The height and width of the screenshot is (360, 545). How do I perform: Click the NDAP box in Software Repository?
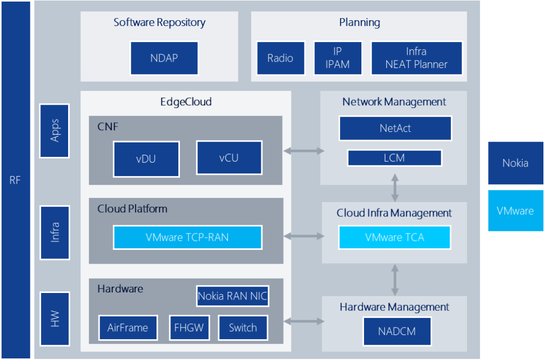tap(164, 58)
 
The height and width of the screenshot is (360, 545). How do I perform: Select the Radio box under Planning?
tap(280, 58)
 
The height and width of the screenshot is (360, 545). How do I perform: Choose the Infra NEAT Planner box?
tap(416, 58)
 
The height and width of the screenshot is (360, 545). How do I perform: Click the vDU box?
tap(146, 158)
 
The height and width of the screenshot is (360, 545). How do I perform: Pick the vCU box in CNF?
tap(229, 157)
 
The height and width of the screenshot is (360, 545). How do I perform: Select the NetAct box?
tap(395, 128)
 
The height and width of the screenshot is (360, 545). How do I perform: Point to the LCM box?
tap(394, 158)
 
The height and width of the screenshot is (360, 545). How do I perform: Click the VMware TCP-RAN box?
tap(187, 237)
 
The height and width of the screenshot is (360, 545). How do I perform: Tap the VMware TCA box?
tap(394, 237)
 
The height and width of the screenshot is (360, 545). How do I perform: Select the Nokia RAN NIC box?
tap(232, 296)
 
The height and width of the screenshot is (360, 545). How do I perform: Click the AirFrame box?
tap(128, 328)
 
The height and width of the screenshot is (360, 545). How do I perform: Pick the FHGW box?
tap(189, 328)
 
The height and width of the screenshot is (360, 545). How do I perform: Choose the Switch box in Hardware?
tap(243, 328)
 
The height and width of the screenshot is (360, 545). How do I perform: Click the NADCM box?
tap(397, 331)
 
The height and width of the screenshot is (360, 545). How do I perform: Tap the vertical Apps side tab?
tap(54, 131)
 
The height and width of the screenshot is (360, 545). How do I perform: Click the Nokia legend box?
tap(515, 163)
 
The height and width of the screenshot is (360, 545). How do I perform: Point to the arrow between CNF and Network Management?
tap(303, 151)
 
